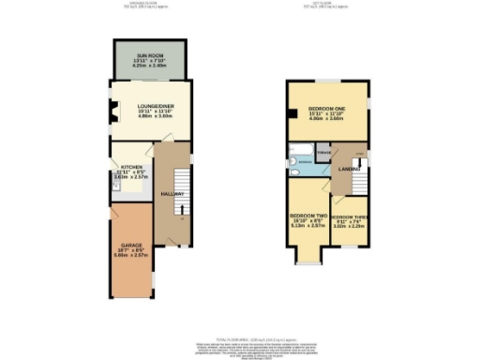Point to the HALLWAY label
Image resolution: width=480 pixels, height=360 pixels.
(x=171, y=193)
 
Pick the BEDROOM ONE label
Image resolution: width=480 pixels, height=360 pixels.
(x=327, y=107)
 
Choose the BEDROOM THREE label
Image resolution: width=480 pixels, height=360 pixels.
(x=347, y=216)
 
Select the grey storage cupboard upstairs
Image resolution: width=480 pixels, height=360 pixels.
(x=323, y=153)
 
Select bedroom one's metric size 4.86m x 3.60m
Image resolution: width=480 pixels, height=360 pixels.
(x=328, y=120)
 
